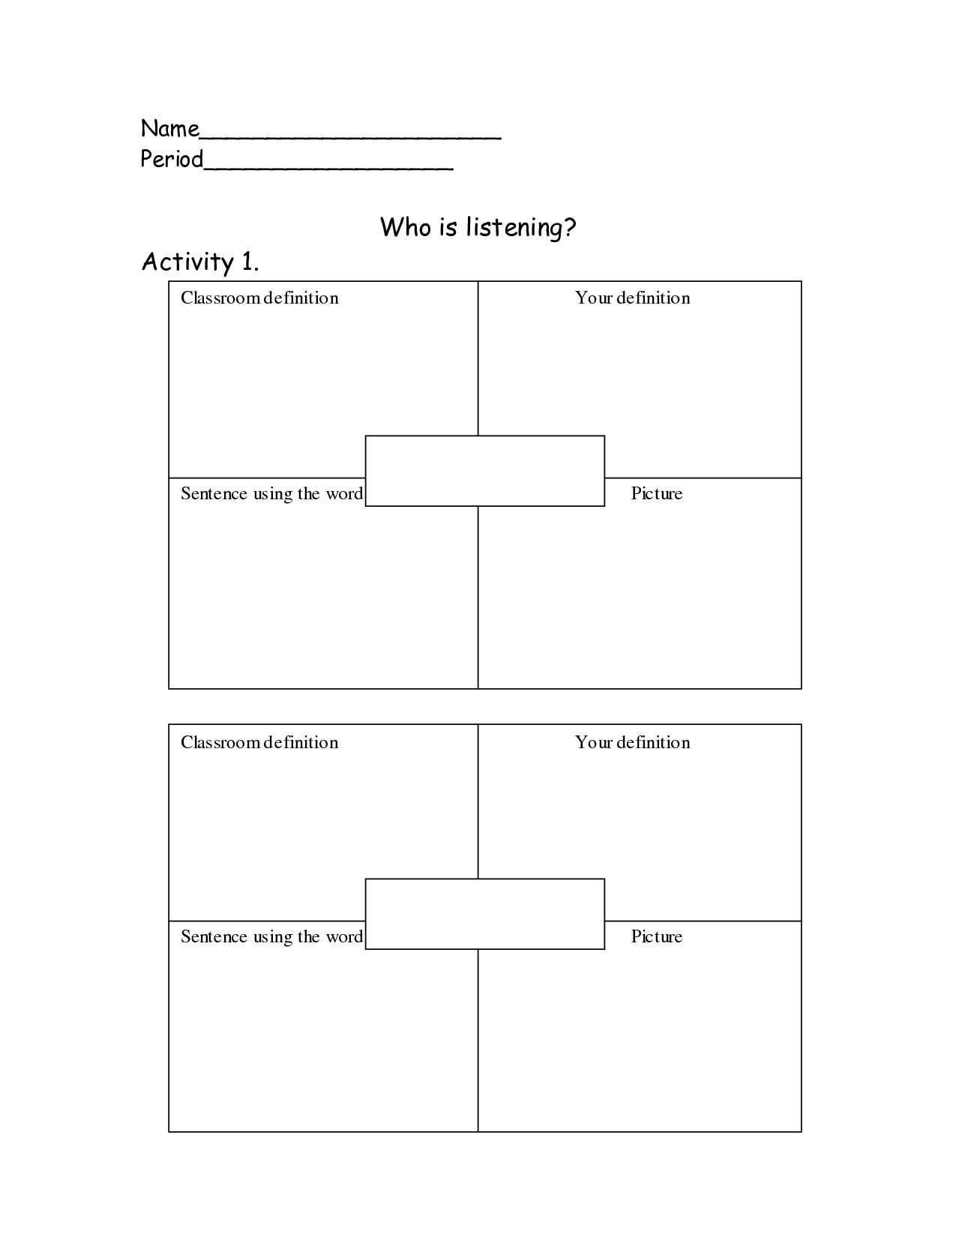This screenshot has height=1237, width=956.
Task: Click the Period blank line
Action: pyautogui.click(x=328, y=169)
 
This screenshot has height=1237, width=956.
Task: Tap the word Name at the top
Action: pyautogui.click(x=169, y=129)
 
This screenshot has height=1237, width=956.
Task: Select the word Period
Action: pyautogui.click(x=172, y=159)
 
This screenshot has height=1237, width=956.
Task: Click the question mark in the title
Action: pyautogui.click(x=570, y=226)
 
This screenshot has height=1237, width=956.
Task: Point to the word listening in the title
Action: pyautogui.click(x=514, y=228)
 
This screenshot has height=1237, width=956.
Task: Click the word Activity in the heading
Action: pyautogui.click(x=187, y=262)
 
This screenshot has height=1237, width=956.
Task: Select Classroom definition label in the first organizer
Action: pyautogui.click(x=259, y=298)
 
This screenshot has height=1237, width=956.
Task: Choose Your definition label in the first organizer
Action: pyautogui.click(x=633, y=298)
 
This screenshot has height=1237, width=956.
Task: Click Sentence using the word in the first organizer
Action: pyautogui.click(x=271, y=493)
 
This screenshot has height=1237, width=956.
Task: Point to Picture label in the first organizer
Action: pyautogui.click(x=657, y=493)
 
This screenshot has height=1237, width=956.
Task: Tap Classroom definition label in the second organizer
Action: pyautogui.click(x=259, y=742)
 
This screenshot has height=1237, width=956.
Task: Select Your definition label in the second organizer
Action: pyautogui.click(x=633, y=742)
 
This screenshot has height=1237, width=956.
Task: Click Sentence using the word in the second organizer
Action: pyautogui.click(x=271, y=937)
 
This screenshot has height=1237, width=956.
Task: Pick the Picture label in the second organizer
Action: pyautogui.click(x=657, y=936)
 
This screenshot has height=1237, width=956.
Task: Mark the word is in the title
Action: pyautogui.click(x=448, y=228)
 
